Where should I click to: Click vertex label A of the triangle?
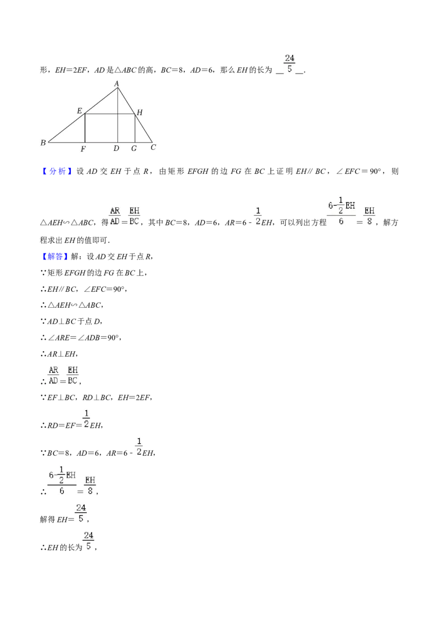point(116,83)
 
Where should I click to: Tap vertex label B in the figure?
point(43,143)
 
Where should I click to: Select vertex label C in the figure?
point(153,147)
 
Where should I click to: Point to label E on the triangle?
point(80,111)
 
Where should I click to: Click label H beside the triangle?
point(139,112)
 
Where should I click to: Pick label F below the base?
point(83,149)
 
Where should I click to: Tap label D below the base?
point(116,149)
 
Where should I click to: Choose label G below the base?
point(134,149)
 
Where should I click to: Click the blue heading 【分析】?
point(57,171)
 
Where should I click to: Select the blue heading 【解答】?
point(55,256)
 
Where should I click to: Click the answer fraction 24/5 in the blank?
point(290,64)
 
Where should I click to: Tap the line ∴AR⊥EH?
point(59,354)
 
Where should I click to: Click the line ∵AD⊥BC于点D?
point(72,321)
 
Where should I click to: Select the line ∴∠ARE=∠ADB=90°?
point(81,337)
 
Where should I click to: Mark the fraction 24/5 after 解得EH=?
point(81,513)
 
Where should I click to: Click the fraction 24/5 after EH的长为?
point(88,541)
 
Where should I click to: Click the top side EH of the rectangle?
point(110,114)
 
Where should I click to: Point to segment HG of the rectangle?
point(135,128)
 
